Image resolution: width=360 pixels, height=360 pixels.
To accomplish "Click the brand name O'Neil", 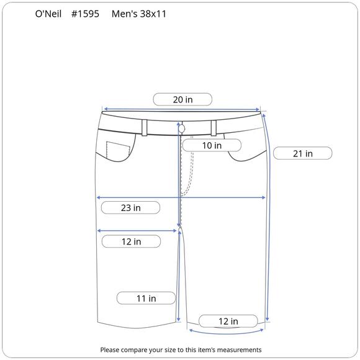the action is click(x=48, y=14).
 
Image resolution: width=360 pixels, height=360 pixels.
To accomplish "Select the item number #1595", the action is click(x=85, y=14).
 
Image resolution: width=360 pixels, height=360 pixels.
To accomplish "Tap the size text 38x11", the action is click(x=153, y=14).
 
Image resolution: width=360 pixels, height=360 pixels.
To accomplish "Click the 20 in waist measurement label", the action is click(x=182, y=99).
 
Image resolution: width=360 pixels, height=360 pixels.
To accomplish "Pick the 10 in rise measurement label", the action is click(x=212, y=145).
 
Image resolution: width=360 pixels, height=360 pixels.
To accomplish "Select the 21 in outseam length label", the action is click(x=303, y=153).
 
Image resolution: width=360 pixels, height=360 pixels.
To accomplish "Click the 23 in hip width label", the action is click(x=130, y=208).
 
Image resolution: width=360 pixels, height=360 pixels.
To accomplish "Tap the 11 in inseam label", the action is click(x=146, y=298).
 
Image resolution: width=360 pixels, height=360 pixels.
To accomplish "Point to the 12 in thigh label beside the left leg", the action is click(x=131, y=241).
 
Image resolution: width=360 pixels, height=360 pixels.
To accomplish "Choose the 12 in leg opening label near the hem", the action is click(x=228, y=321).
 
